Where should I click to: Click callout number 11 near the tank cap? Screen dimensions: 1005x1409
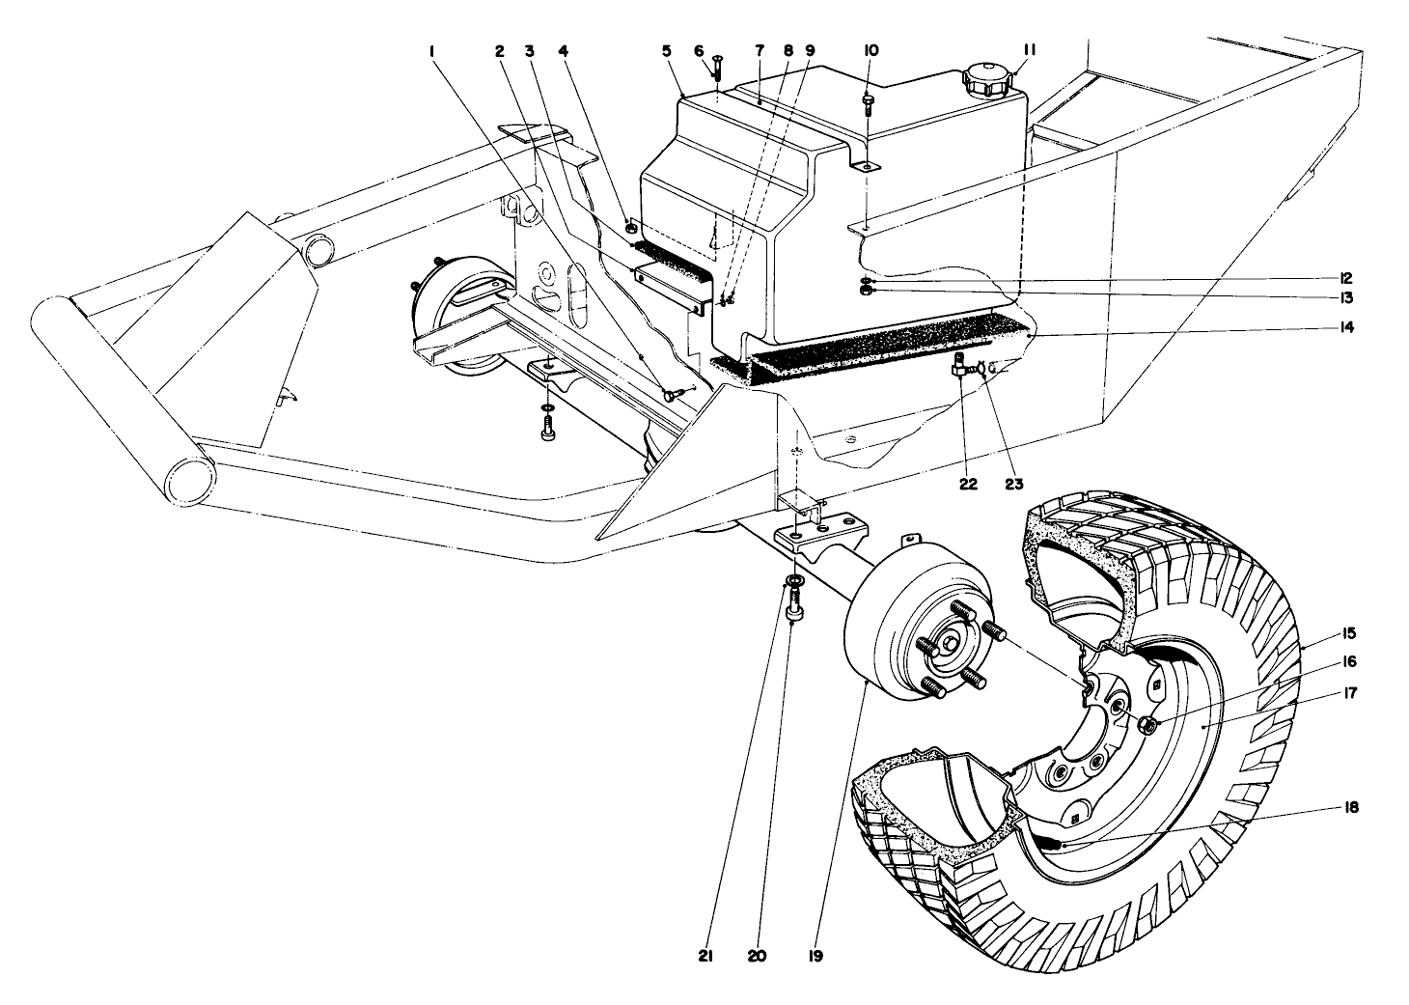[x=1030, y=49]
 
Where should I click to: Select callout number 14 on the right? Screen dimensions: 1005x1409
[x=1345, y=328]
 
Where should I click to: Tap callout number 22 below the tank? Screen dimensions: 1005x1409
[x=968, y=484]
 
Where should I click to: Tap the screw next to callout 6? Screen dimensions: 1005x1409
[x=718, y=67]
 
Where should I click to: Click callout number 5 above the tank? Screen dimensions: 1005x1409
[x=666, y=49]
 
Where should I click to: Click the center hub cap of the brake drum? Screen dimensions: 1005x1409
[x=953, y=641]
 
